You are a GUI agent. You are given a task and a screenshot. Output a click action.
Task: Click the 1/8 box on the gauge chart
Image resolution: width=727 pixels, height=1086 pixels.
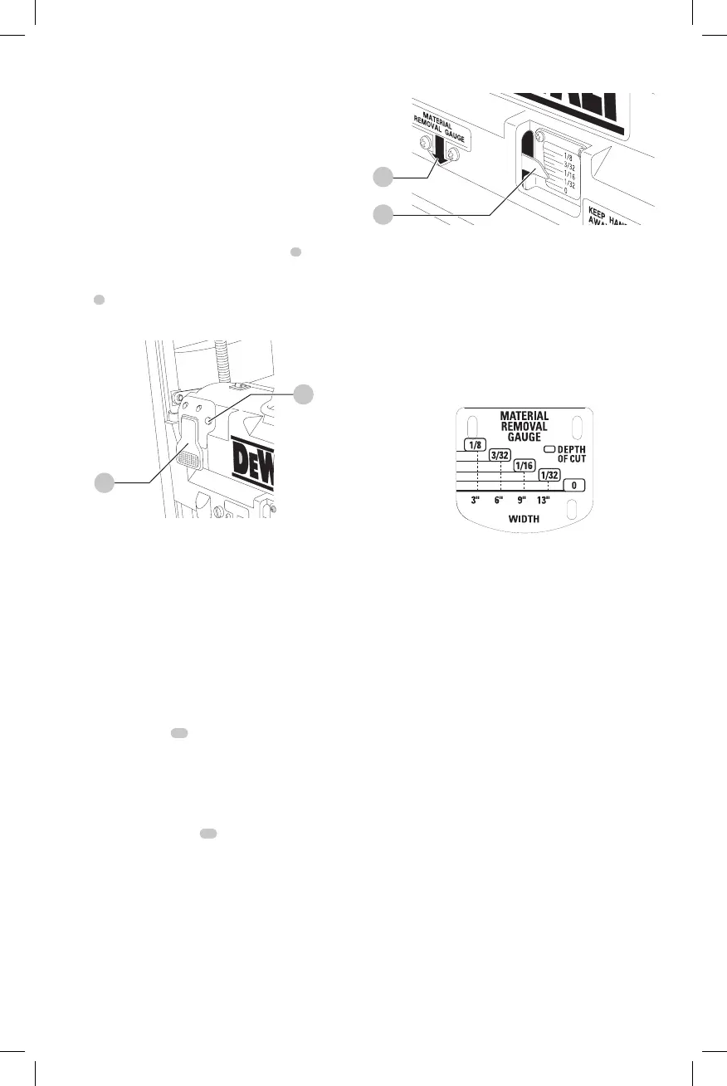pos(474,445)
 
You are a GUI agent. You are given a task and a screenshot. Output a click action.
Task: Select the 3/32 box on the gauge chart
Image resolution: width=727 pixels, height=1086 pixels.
pos(500,455)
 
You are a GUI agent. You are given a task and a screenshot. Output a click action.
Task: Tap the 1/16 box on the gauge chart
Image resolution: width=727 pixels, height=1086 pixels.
pos(524,465)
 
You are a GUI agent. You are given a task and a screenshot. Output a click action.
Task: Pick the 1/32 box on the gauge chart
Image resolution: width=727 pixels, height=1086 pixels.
pos(548,475)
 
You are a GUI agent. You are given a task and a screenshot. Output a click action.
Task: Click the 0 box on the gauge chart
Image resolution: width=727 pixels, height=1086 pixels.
pos(575,485)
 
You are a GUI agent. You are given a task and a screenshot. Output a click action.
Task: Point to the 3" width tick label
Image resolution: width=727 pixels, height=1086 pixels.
pos(476,501)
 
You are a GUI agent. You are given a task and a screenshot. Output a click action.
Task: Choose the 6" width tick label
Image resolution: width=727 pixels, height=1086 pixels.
pos(500,501)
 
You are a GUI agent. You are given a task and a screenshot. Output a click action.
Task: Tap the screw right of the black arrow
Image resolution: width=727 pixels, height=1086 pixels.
pos(454,154)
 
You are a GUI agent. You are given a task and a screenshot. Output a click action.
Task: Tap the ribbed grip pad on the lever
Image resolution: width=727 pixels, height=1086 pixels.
pos(188,459)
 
